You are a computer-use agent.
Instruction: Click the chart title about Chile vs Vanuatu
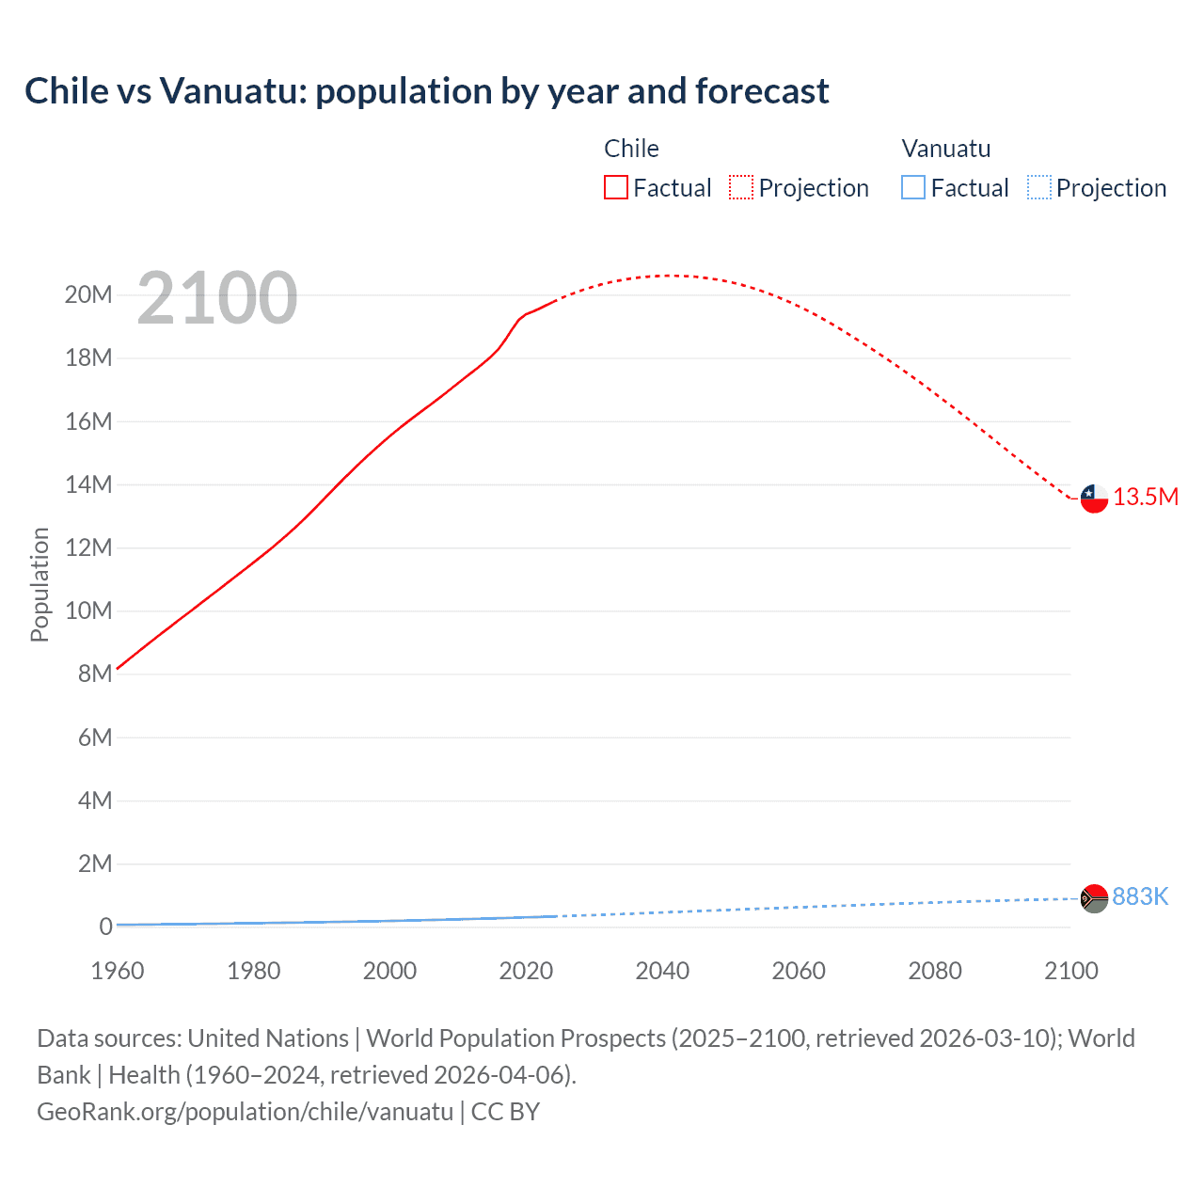pos(427,91)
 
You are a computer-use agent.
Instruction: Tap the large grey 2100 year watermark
pos(217,298)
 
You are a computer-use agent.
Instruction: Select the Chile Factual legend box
pos(615,187)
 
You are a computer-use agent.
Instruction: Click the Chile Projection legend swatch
pos(741,187)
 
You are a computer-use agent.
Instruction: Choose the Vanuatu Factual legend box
pos(912,187)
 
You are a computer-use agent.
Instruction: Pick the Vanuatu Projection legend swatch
pos(1038,187)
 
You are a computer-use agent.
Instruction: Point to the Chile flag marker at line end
pos(1094,498)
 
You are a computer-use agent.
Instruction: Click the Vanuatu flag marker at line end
pos(1094,898)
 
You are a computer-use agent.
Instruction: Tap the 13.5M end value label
pos(1146,498)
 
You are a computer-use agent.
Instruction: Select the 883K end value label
pos(1140,897)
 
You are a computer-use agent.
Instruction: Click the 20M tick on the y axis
pos(88,295)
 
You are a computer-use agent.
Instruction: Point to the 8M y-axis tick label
pos(95,673)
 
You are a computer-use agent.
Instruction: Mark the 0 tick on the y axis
pos(105,927)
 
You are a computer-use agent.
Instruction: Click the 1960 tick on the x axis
pos(118,971)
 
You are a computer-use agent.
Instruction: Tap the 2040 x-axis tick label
pos(662,971)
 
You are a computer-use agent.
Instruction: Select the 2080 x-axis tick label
pos(935,971)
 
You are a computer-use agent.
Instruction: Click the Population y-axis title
pos(40,584)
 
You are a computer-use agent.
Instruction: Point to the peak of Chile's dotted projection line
pos(666,276)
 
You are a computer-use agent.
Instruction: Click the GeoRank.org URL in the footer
pos(246,1112)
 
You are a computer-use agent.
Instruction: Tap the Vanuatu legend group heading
pos(945,149)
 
